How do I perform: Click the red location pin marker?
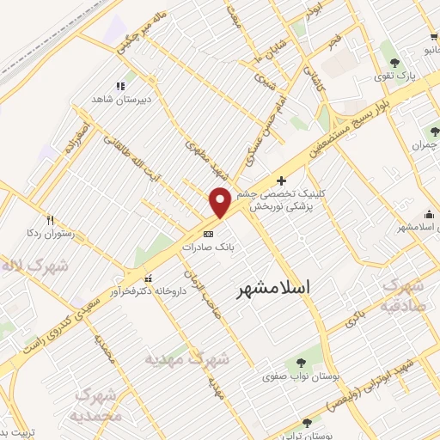[220, 202]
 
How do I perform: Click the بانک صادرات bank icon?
[208, 233]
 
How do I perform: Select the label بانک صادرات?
[208, 246]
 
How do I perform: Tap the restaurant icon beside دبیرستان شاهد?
[119, 86]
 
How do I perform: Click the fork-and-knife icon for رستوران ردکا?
[51, 219]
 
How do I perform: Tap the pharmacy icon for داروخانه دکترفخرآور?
[150, 278]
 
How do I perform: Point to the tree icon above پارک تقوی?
[394, 63]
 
